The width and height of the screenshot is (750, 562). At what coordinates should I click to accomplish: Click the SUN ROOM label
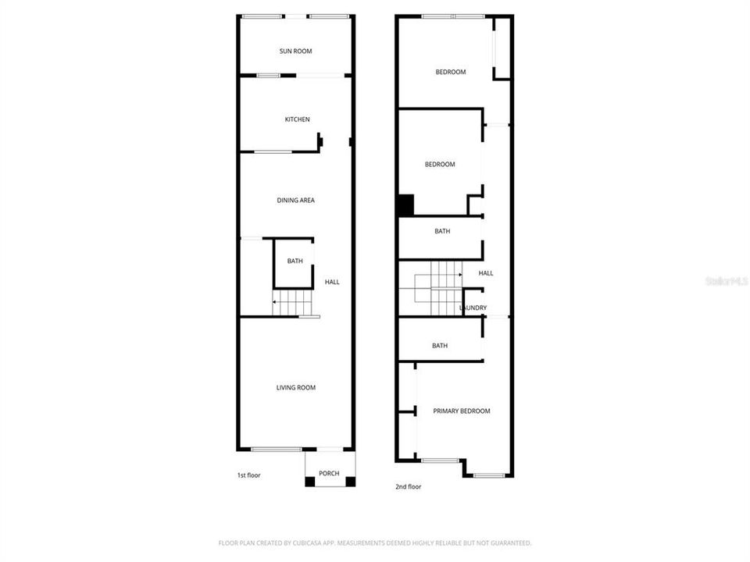(x=295, y=52)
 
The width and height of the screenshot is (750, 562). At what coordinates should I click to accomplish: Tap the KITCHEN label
(x=297, y=119)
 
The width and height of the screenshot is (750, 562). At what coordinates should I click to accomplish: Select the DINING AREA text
(x=295, y=201)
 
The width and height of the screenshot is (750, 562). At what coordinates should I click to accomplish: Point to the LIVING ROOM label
(x=296, y=388)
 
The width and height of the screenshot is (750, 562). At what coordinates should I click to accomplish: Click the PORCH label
(x=329, y=474)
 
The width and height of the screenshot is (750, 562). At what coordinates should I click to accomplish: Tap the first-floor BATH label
(x=295, y=261)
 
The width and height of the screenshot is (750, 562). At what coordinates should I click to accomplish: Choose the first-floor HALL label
(x=332, y=282)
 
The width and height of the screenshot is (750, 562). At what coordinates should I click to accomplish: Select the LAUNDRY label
(x=473, y=308)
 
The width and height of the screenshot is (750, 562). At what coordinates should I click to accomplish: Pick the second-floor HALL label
(x=486, y=273)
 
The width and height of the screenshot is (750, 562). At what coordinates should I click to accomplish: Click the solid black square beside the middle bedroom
(x=405, y=206)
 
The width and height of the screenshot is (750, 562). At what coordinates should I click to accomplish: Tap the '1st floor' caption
(x=248, y=475)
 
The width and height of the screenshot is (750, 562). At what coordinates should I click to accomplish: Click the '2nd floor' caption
(x=408, y=487)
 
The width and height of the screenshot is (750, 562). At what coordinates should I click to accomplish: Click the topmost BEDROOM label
(x=450, y=73)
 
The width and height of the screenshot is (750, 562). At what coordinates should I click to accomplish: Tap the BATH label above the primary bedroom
(x=440, y=346)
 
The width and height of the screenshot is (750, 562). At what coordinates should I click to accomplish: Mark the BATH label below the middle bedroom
(x=442, y=231)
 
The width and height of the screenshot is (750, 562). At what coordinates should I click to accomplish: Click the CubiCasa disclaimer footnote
(x=375, y=542)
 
